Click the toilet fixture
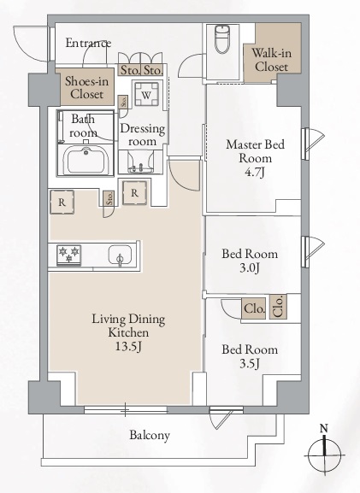222,39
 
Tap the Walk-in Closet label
271,60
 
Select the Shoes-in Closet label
86,88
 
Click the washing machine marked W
146,94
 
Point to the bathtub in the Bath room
86,160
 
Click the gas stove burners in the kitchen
69,255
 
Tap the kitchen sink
120,255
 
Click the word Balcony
150,435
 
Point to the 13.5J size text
128,346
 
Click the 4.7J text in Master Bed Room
255,172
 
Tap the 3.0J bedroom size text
250,268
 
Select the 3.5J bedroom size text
250,364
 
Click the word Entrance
88,43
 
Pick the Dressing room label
143,135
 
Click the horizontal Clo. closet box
254,308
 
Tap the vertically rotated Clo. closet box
278,307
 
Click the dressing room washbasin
140,163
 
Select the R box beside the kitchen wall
62,202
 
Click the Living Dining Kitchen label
128,326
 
